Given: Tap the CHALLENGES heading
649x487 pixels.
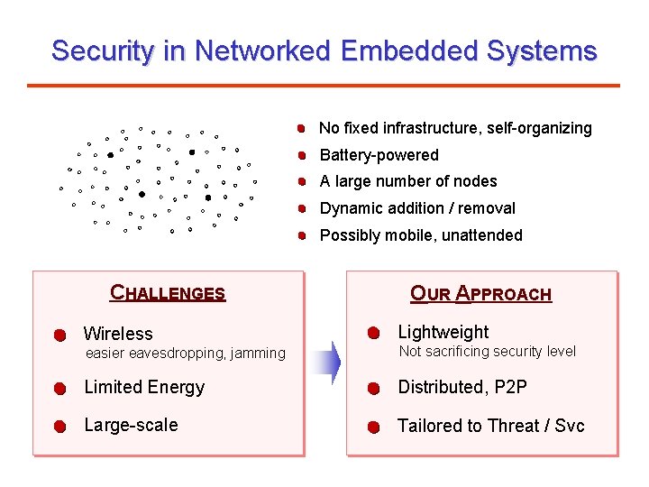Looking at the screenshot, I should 168,293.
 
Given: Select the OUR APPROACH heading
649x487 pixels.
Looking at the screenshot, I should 480,293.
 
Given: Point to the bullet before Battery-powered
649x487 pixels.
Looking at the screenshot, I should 306,155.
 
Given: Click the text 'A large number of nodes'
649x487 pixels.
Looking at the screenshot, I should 408,181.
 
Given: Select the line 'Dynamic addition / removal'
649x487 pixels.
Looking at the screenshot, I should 417,208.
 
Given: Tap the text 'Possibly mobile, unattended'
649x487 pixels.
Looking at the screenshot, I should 421,235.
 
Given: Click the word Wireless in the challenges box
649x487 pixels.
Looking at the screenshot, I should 118,334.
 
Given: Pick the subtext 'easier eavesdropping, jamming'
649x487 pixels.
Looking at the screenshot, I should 185,354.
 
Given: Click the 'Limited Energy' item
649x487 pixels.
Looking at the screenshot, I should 144,387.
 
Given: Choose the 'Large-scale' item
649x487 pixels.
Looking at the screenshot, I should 131,425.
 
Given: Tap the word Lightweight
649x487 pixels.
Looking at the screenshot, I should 443,332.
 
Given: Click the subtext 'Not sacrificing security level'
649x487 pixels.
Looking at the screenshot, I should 487,352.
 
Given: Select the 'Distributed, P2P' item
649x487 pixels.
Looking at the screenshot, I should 462,387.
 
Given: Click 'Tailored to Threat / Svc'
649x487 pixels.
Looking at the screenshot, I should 491,426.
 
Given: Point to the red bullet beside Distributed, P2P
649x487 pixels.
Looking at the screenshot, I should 373,389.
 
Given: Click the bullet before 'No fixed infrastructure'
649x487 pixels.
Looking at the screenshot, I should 306,129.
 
